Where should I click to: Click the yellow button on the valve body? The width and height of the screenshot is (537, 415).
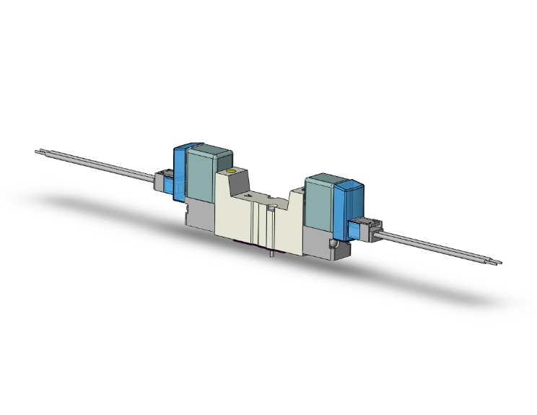[x=231, y=172]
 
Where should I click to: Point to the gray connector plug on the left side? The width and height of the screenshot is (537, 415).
[x=160, y=178]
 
